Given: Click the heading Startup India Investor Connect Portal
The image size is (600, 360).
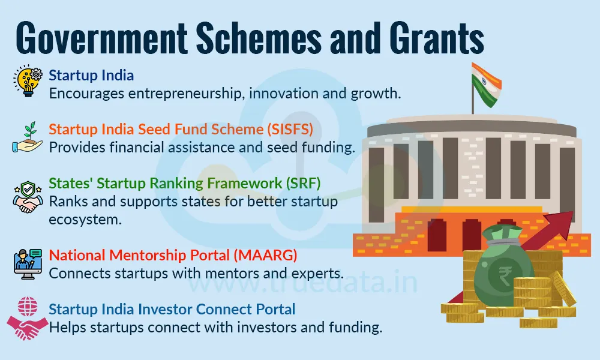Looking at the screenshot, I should tap(172, 310).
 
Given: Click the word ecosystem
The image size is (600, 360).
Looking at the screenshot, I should tap(84, 219).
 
